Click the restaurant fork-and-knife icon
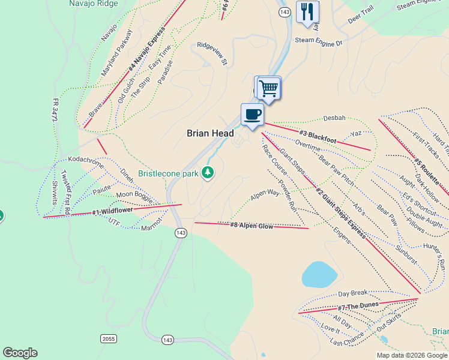click(307, 12)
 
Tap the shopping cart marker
click(269, 89)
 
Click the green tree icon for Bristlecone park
click(208, 173)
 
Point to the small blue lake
click(319, 275)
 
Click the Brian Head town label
click(210, 133)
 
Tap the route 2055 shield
click(108, 339)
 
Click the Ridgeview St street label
click(212, 53)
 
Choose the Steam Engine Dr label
click(318, 43)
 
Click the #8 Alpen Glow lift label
click(252, 225)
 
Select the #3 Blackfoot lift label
click(317, 136)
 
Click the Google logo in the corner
click(20, 353)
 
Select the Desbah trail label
click(334, 118)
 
